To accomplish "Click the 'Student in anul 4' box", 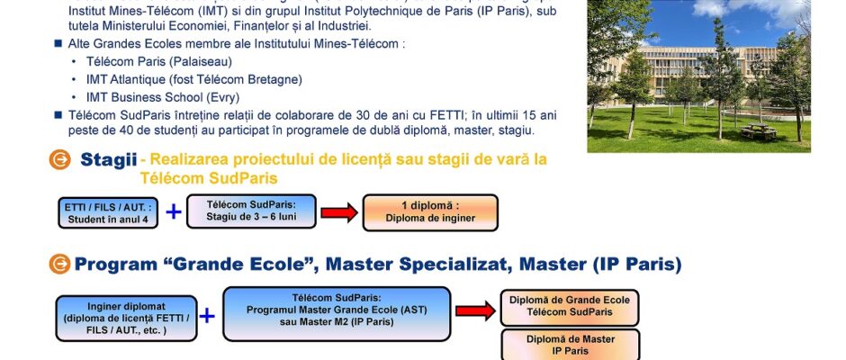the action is coord(108,212).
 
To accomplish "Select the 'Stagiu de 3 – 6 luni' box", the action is coord(251,211).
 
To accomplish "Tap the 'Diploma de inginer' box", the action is coord(430,212).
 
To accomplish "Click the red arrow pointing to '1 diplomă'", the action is coord(339,212).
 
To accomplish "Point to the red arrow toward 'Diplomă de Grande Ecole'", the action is coord(475,310).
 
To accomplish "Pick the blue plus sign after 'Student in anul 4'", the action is coord(173,211).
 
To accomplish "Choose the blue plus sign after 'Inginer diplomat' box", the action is coord(207,316).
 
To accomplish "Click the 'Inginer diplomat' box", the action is coord(126,319).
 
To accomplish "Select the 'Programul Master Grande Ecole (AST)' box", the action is coord(337,314).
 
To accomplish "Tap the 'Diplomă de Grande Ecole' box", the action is coord(570,308).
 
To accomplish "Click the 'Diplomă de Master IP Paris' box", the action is coord(570,345).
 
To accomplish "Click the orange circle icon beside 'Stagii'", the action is coord(60,160).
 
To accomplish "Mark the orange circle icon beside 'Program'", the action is coord(60,264).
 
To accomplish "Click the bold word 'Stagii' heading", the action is coord(108,160).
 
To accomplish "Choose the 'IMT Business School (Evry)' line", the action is coord(163,98).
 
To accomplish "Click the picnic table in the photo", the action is coord(759,131).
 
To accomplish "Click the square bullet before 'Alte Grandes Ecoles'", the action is coord(58,44).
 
